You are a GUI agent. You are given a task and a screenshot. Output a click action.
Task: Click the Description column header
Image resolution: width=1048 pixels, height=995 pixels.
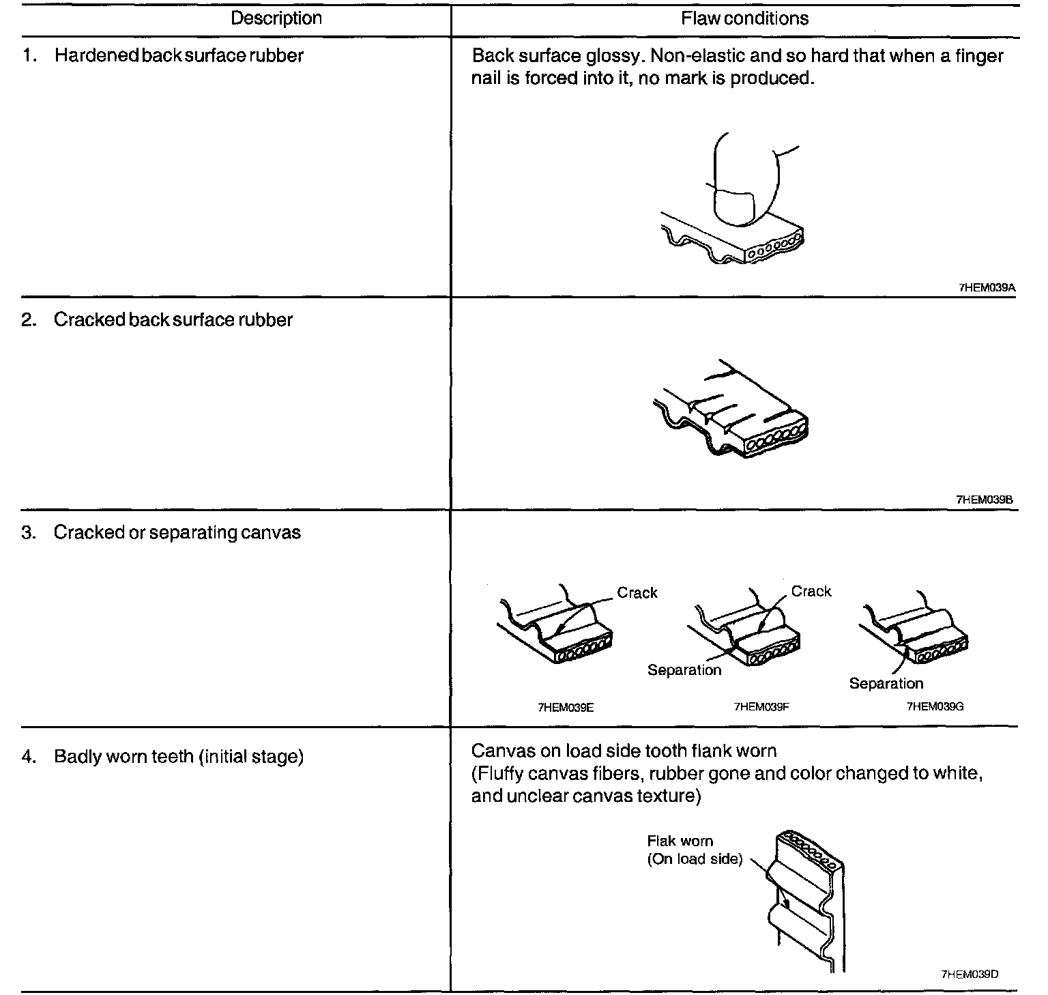click(276, 18)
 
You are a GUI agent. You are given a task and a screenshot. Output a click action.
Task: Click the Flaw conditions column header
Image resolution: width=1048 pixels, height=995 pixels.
click(744, 18)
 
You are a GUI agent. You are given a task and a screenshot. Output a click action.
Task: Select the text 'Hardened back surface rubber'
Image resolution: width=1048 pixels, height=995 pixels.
click(179, 56)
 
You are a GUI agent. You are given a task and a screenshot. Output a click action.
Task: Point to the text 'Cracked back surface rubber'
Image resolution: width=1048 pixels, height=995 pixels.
click(173, 320)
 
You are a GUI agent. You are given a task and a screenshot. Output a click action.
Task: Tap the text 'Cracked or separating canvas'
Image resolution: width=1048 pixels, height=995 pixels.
click(177, 533)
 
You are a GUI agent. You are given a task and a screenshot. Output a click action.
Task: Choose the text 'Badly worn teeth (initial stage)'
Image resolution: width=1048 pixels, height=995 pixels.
click(179, 757)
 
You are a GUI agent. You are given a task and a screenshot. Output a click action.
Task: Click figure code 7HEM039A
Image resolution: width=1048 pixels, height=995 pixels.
click(987, 288)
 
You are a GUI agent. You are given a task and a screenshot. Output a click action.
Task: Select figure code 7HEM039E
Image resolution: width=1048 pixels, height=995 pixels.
click(566, 708)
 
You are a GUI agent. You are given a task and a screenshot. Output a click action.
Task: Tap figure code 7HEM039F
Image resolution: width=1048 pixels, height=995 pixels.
click(761, 708)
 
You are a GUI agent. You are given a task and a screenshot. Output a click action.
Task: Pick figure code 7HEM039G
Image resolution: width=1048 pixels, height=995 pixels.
click(934, 707)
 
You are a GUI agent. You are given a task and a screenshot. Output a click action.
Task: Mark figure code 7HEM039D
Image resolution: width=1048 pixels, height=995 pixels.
click(970, 975)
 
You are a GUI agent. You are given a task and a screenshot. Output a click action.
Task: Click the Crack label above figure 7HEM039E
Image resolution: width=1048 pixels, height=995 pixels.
click(637, 593)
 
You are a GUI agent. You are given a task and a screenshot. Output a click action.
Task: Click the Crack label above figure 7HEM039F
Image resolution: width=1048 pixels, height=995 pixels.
click(811, 592)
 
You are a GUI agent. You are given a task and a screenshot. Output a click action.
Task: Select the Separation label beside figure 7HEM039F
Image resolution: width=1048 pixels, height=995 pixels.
click(684, 670)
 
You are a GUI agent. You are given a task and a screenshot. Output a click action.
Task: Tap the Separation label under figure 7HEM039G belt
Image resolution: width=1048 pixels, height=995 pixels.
click(886, 684)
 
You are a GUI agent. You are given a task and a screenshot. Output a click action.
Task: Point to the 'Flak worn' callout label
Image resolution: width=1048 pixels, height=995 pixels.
click(680, 841)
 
